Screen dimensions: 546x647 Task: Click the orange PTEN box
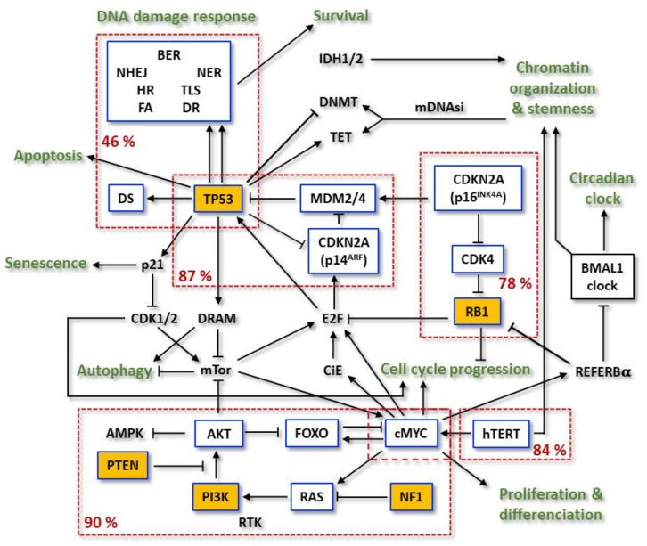pos(127,464)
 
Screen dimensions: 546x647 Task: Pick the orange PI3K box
pos(218,491)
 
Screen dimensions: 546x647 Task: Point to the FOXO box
pos(312,434)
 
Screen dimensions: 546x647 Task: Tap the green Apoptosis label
pos(46,155)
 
